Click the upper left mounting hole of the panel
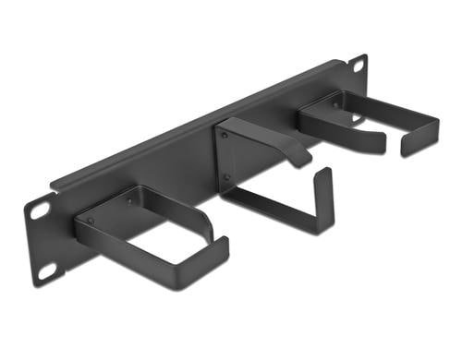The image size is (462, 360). (x=39, y=210)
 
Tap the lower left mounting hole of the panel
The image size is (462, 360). (x=44, y=271)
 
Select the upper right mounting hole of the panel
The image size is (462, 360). (x=357, y=66)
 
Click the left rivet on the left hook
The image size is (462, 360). (x=90, y=222)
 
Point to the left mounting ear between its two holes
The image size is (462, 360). (x=42, y=242)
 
